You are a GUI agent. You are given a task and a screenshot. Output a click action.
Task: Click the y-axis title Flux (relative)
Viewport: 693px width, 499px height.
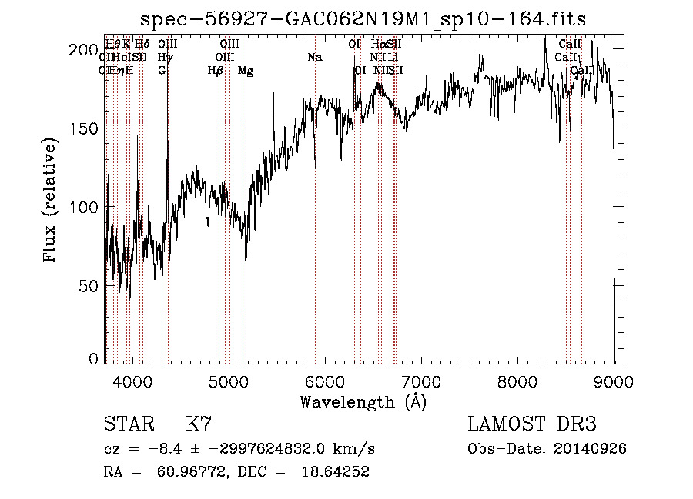(52, 201)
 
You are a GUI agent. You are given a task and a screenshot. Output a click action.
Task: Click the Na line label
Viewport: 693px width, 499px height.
(314, 58)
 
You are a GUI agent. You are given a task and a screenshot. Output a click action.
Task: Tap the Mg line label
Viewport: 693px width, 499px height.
(246, 71)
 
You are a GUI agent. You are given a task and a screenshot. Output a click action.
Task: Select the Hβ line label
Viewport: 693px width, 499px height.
(216, 71)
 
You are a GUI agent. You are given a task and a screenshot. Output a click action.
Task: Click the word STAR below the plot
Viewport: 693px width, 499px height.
(128, 424)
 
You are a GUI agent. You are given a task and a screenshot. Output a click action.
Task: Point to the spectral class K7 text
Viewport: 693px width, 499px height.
(199, 424)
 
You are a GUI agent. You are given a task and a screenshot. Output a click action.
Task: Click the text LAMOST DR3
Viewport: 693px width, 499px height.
(531, 424)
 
